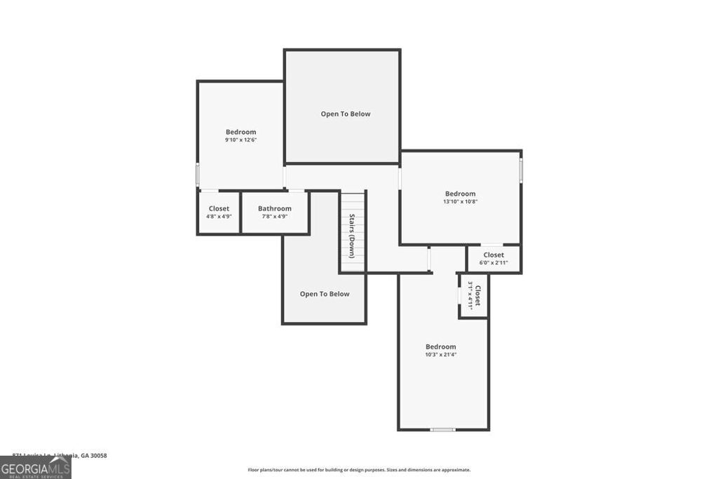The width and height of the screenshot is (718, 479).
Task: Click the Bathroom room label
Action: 274,208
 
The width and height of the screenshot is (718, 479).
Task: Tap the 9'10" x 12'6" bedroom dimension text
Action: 241,140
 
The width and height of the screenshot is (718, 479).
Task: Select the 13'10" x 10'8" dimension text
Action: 460,202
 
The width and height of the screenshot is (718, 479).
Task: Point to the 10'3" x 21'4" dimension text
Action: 440,355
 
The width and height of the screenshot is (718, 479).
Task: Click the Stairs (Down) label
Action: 352,236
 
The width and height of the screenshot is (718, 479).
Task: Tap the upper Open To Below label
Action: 345,114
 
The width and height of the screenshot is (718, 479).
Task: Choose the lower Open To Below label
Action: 324,294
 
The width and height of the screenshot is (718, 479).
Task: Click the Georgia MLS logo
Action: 35,468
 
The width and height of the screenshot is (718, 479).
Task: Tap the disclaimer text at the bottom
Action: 358,470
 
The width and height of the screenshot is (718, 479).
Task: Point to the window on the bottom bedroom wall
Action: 442,429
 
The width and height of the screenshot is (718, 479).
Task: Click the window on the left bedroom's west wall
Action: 198,174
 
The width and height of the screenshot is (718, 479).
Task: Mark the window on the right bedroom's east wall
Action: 521,170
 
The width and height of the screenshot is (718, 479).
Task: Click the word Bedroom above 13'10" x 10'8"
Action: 460,194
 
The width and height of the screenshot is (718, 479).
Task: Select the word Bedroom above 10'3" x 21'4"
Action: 440,346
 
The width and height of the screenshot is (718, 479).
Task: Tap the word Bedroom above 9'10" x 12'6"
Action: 241,132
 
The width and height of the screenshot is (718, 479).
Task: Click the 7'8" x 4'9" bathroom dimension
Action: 274,217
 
